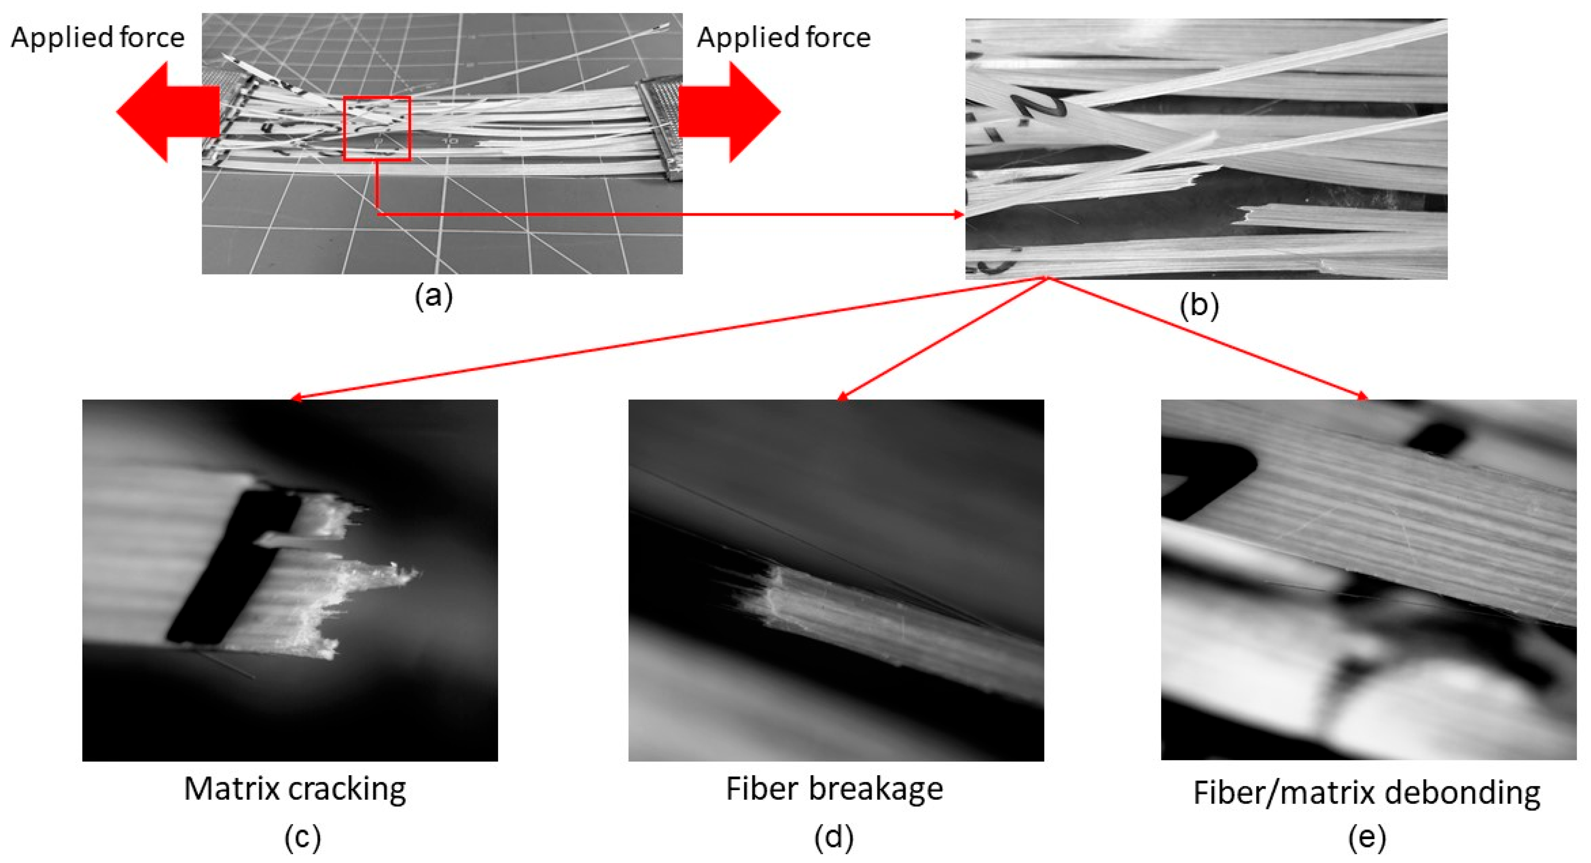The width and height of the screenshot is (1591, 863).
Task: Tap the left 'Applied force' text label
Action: (x=98, y=38)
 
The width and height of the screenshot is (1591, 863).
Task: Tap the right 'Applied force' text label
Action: (x=784, y=38)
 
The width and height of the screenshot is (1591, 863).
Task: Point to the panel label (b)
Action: (x=1199, y=305)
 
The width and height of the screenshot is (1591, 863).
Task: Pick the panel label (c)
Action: (x=303, y=837)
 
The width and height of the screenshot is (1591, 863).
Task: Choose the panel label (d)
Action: (x=834, y=837)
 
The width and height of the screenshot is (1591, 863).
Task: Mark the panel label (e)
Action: (x=1367, y=837)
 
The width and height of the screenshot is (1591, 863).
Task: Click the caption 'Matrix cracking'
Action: (x=295, y=789)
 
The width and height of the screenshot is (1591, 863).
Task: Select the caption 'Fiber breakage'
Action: (x=834, y=789)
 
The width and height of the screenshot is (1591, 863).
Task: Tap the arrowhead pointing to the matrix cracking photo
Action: (x=295, y=398)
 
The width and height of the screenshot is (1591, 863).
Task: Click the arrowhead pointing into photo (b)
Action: (x=959, y=214)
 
